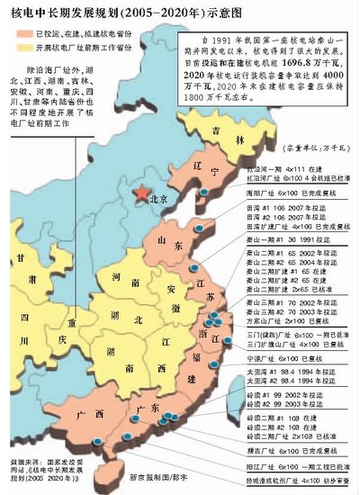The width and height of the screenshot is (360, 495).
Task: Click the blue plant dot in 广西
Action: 97,440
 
